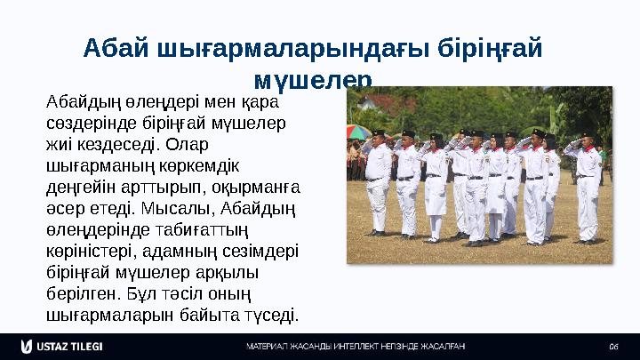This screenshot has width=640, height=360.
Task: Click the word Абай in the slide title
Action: [112, 47]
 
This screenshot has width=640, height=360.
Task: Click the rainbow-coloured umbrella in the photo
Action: [358, 132]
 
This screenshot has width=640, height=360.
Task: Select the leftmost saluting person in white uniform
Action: [378, 182]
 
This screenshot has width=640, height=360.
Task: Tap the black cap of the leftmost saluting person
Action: [379, 133]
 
